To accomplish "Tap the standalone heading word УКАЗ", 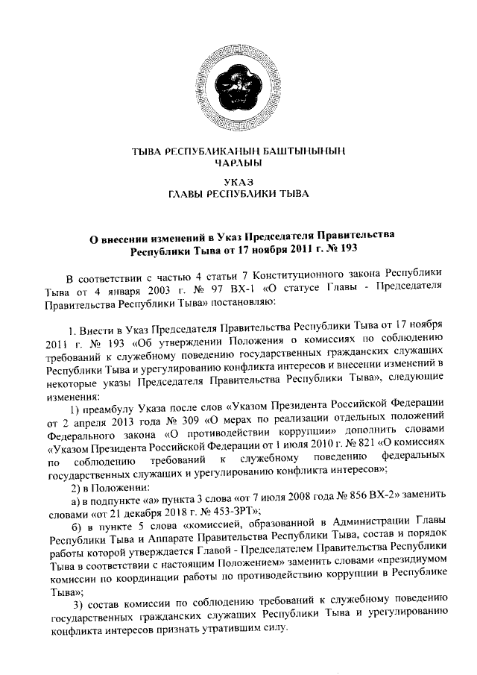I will coord(238,182).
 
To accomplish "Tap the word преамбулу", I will coord(111,409).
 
